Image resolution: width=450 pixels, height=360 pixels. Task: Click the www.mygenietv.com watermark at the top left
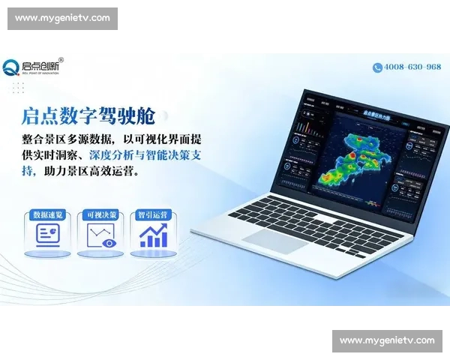point(62,18)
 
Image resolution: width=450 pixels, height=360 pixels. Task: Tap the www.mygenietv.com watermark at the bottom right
point(387,340)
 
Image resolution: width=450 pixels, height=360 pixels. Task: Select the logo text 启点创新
point(42,65)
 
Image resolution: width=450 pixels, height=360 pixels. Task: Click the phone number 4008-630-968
point(412,67)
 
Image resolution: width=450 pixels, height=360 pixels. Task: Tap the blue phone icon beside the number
point(377,67)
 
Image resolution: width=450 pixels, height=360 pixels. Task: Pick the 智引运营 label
point(153,214)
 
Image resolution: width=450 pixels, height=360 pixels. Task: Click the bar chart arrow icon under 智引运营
point(154,235)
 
